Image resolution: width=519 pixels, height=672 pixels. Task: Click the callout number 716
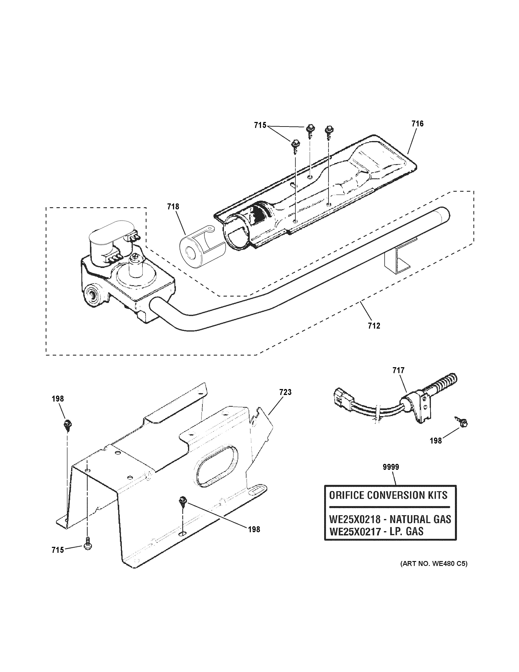[417, 124]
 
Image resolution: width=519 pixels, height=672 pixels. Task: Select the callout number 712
[374, 326]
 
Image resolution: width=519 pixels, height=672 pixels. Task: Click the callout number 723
[285, 392]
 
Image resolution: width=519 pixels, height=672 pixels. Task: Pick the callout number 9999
[391, 467]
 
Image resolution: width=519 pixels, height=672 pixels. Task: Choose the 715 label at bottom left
[58, 550]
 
